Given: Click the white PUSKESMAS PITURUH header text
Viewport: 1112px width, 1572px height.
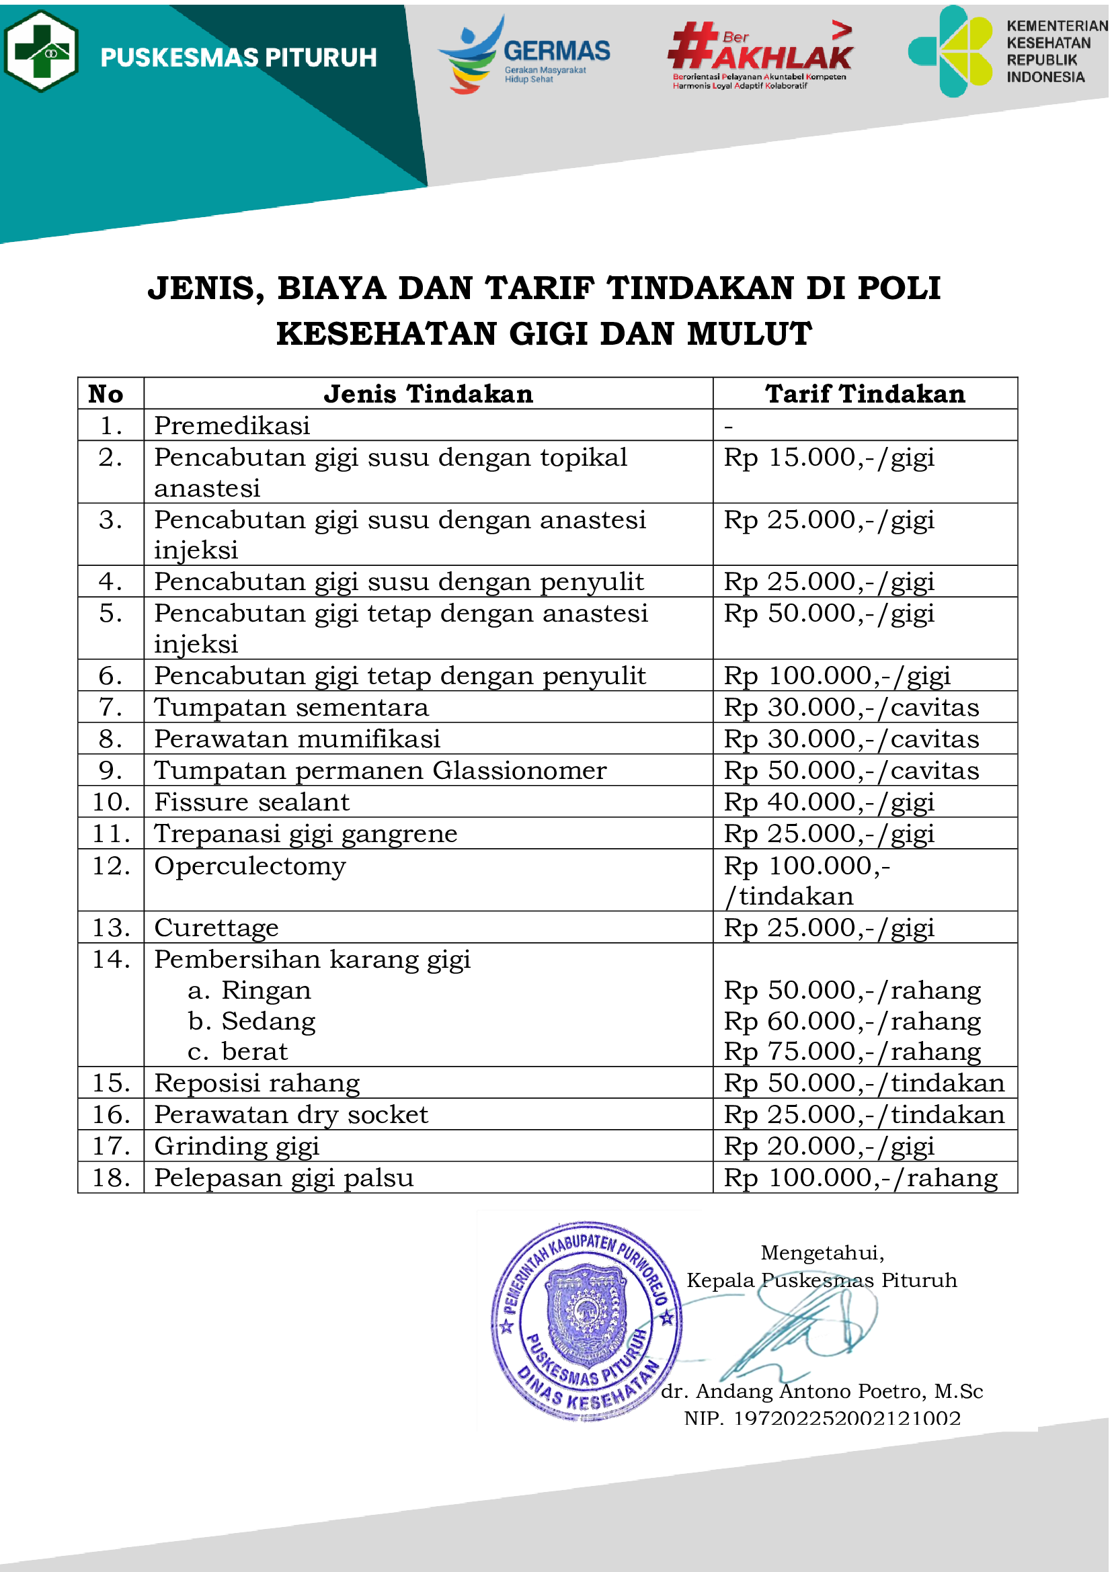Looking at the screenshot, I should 238,58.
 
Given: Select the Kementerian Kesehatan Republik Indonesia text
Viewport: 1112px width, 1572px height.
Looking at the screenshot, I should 1055,51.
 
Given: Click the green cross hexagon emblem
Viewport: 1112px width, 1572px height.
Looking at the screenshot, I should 41,51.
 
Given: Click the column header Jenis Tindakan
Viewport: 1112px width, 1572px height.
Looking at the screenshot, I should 429,395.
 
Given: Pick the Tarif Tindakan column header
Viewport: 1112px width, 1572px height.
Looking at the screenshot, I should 865,395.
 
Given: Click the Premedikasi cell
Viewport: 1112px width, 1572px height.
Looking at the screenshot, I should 232,426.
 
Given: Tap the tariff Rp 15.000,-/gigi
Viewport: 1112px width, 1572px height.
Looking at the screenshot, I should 829,458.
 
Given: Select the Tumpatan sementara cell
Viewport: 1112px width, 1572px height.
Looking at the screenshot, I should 292,707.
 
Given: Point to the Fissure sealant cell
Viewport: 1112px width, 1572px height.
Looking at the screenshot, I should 252,802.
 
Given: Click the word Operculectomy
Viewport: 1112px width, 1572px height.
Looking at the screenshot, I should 251,866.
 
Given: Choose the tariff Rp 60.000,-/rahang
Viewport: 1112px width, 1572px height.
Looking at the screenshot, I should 852,1021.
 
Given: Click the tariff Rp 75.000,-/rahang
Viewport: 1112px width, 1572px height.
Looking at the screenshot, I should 852,1052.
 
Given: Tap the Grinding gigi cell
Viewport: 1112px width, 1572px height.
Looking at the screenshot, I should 237,1146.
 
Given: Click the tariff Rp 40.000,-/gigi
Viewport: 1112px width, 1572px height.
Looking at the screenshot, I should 829,802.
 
